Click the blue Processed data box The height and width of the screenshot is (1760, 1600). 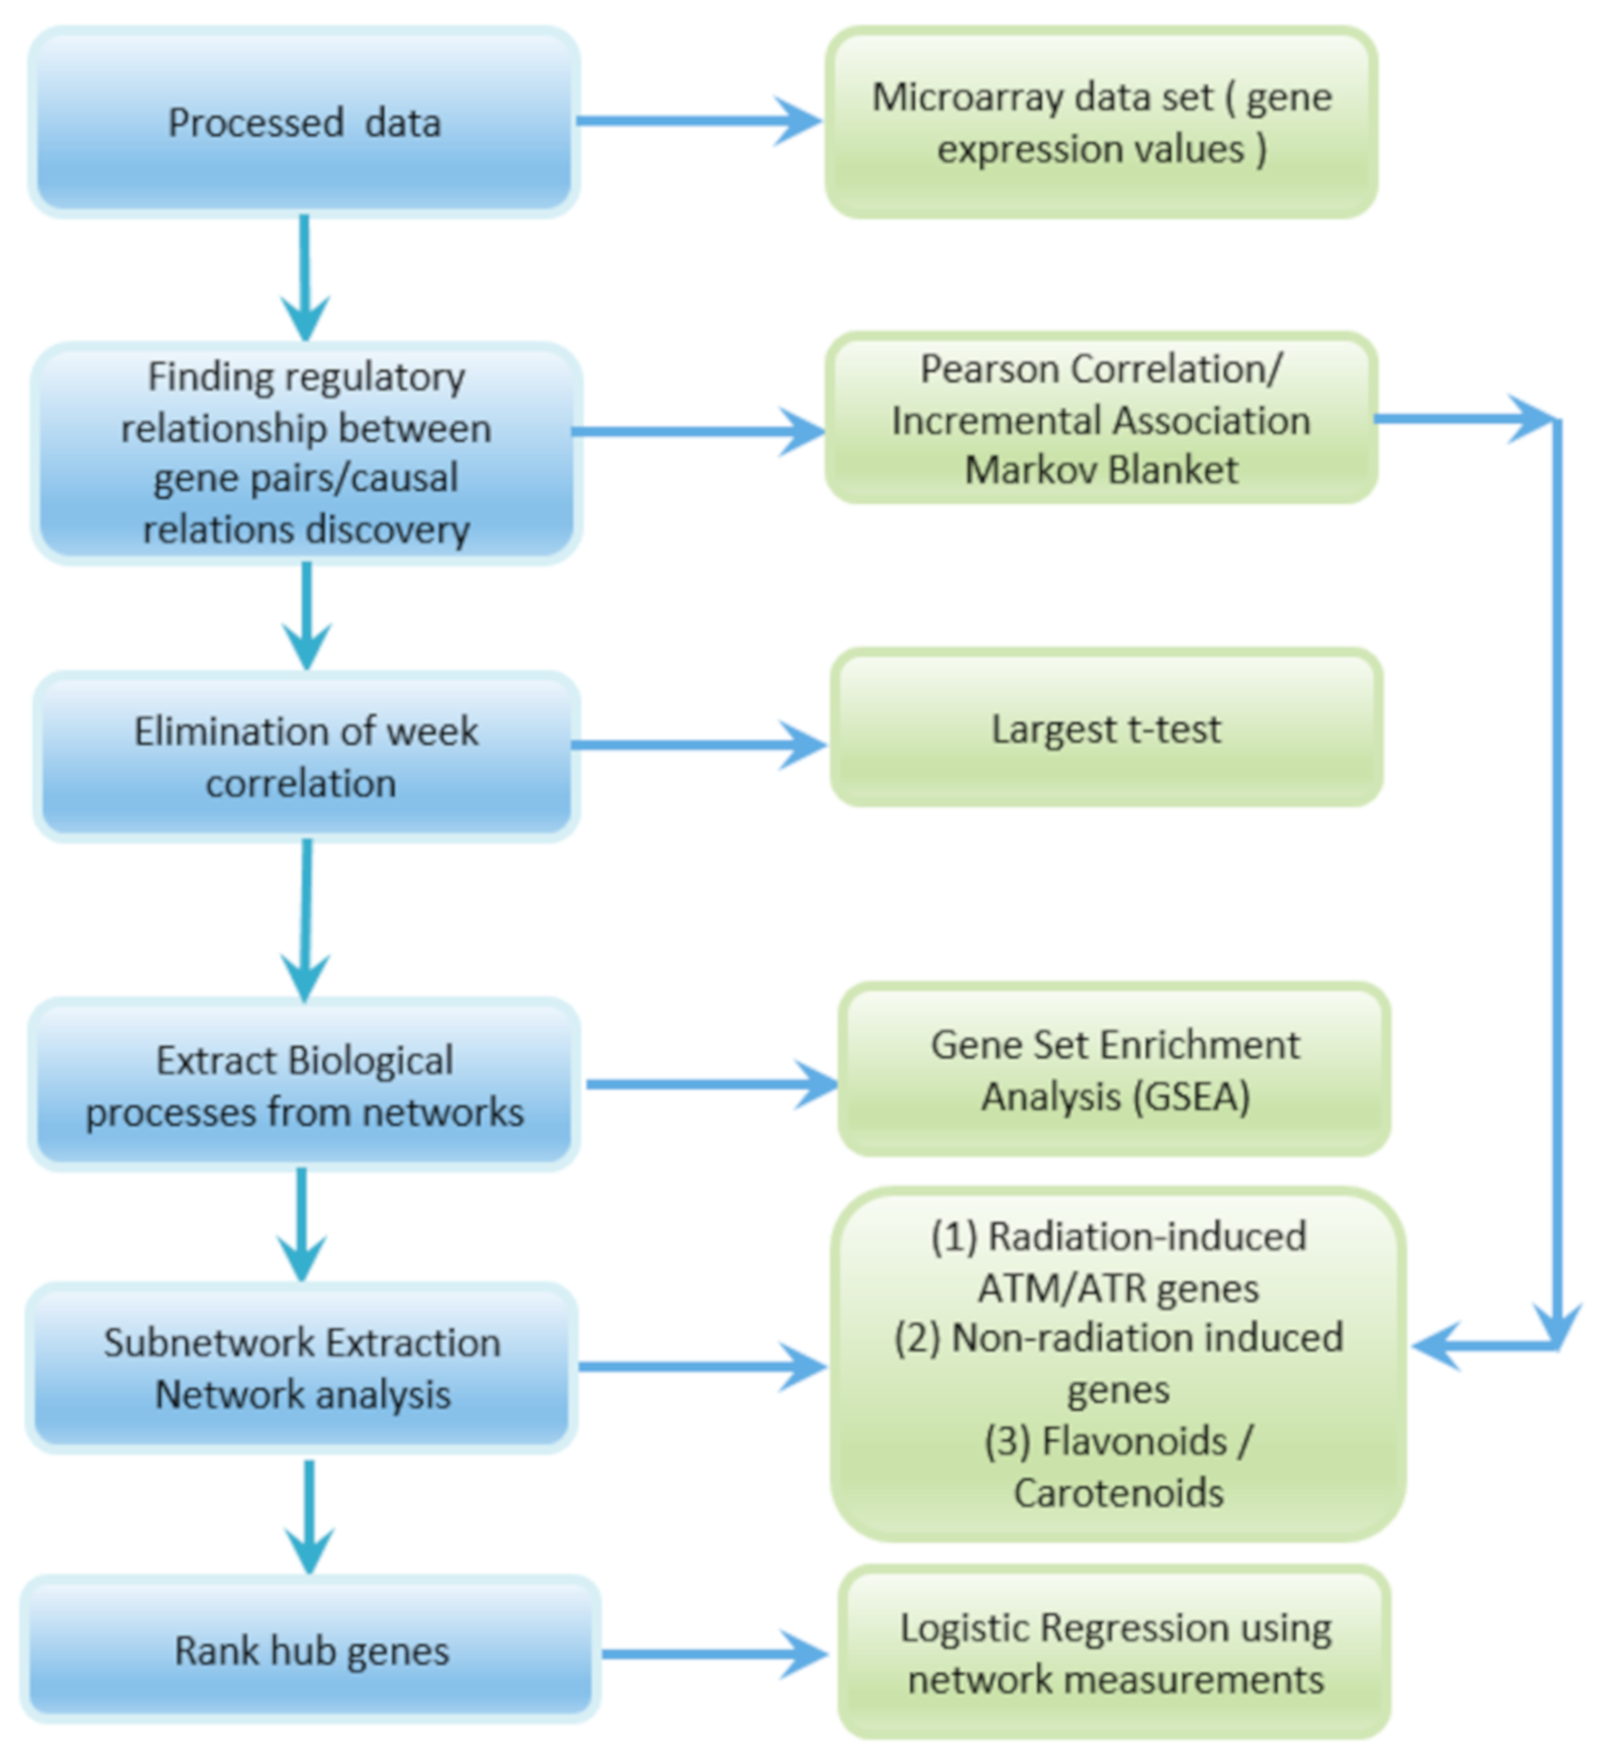[x=304, y=122]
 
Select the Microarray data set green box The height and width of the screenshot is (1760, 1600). [x=1102, y=122]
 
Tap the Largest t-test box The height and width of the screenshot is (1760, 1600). [x=1106, y=729]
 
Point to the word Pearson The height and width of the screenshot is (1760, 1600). [x=991, y=369]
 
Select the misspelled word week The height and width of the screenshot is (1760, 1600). [x=433, y=732]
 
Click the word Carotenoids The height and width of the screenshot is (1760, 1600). [x=1118, y=1493]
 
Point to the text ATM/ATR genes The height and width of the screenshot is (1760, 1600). [x=1118, y=1289]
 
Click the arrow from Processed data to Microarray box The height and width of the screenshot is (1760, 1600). [x=698, y=121]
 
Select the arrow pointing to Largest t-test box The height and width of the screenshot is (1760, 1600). [x=698, y=745]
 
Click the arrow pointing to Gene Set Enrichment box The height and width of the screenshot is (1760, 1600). [x=711, y=1084]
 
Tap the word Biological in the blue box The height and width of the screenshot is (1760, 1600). [x=371, y=1062]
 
